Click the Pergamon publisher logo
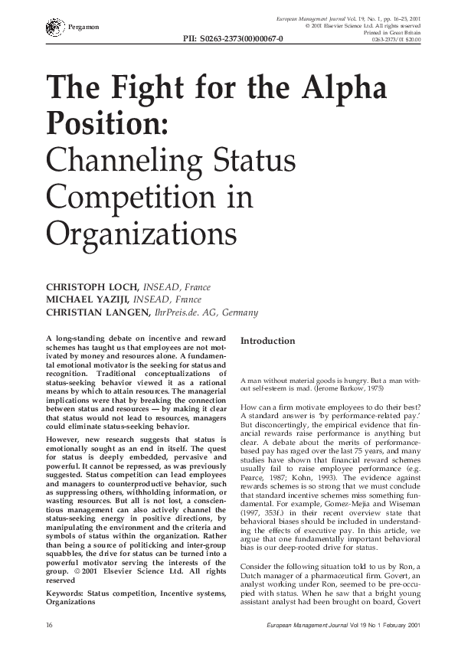[52, 28]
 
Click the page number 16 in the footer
[50, 626]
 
